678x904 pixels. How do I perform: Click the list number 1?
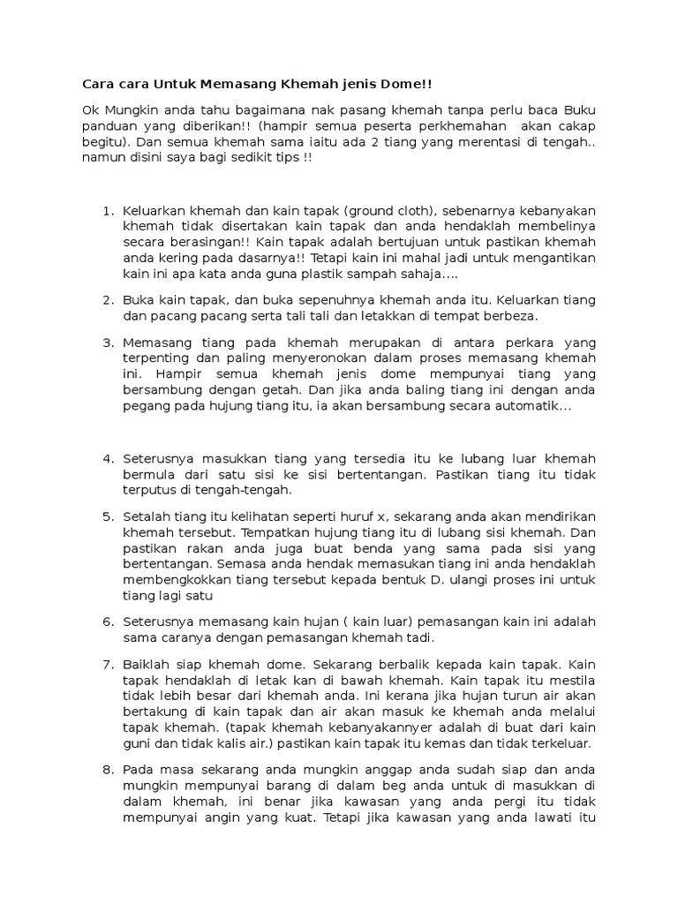(108, 211)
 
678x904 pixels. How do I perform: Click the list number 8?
(108, 769)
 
